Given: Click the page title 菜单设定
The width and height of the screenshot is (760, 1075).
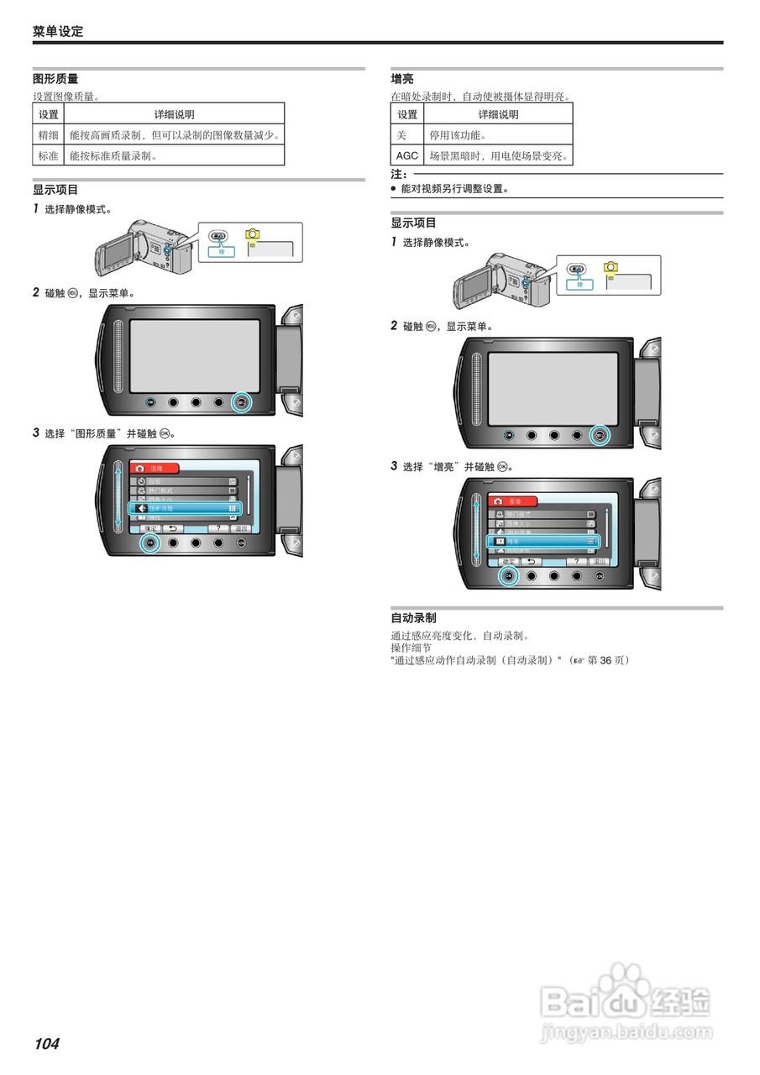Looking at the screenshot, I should [x=58, y=32].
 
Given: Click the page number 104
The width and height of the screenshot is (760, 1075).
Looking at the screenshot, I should [x=47, y=1044].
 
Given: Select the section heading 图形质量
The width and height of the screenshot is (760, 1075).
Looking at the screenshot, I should [x=55, y=79].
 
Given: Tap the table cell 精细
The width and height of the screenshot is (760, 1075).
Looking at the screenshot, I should [x=49, y=134].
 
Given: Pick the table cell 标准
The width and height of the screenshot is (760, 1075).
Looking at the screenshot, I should [x=49, y=155].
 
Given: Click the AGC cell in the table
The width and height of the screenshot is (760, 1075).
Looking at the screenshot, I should [x=407, y=155].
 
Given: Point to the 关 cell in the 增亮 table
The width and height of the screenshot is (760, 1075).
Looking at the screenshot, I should [x=401, y=134].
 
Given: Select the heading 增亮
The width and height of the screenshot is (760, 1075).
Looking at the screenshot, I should [x=402, y=79].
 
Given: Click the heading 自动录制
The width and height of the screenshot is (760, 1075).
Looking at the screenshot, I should [x=414, y=618].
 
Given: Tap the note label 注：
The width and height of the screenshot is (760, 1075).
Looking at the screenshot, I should [x=399, y=175].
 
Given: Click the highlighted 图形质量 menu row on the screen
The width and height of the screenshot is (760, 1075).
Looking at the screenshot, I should [x=185, y=508].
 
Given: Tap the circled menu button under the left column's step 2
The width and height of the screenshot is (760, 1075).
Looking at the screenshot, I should [x=241, y=402].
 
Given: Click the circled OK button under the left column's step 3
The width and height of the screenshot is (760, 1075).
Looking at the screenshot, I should [x=150, y=543].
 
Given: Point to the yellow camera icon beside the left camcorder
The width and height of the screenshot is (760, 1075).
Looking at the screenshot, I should [x=253, y=236].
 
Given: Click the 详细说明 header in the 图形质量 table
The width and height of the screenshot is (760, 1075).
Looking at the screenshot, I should [x=175, y=114].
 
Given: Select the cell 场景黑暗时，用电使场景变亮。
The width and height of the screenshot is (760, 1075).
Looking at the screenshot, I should [x=499, y=155].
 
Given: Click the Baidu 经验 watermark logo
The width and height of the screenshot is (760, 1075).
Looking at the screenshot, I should [x=626, y=999].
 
